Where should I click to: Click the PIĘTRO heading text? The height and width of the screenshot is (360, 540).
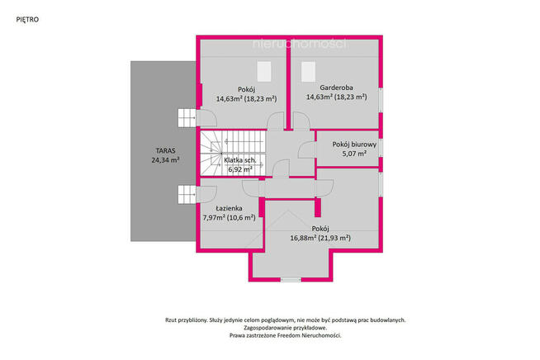click(27, 20)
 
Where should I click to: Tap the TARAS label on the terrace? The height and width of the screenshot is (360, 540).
click(166, 150)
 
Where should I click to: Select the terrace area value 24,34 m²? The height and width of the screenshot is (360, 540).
click(166, 160)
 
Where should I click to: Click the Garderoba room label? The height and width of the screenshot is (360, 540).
click(336, 88)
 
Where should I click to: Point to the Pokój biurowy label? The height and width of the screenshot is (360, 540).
click(354, 144)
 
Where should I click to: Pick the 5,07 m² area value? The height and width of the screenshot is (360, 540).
click(354, 154)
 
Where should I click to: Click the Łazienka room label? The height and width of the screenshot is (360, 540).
click(229, 208)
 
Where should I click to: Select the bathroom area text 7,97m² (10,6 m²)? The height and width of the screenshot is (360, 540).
click(229, 217)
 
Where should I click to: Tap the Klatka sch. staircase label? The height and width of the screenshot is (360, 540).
click(240, 160)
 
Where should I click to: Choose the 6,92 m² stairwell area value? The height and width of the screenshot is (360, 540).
click(240, 169)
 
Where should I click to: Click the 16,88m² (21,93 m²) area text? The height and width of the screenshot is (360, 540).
click(320, 238)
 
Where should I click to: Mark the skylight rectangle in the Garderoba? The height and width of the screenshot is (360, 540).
click(308, 72)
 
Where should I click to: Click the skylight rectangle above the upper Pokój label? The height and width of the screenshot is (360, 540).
click(264, 72)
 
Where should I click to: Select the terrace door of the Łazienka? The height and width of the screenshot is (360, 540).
click(206, 195)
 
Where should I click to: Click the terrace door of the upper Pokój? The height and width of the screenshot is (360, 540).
click(206, 118)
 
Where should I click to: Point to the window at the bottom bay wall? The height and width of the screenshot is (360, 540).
click(291, 280)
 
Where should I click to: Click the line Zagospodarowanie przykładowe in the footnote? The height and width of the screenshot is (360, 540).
click(286, 328)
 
